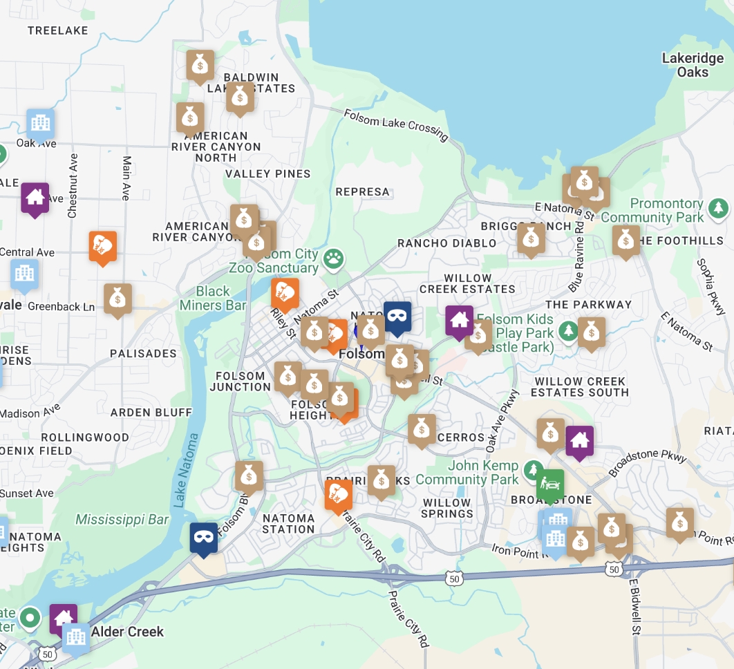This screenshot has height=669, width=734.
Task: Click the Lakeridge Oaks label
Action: (693, 65)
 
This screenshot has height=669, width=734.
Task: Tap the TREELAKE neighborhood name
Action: (58, 30)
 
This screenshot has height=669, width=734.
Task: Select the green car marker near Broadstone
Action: (550, 484)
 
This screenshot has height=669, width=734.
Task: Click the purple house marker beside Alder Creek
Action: (64, 617)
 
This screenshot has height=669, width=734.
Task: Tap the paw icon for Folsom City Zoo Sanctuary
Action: (335, 259)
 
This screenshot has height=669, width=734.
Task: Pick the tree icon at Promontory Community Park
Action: (719, 207)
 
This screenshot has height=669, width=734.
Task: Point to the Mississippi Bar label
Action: (122, 519)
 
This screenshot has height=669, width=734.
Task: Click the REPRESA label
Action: (362, 191)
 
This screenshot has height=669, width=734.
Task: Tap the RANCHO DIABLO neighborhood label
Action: (446, 243)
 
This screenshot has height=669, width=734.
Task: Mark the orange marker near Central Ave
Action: (102, 247)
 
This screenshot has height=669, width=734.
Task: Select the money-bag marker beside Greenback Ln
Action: (117, 299)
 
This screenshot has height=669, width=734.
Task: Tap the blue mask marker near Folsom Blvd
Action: (204, 537)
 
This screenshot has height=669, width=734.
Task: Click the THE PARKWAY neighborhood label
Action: (588, 304)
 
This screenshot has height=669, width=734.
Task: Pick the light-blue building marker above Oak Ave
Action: (41, 123)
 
